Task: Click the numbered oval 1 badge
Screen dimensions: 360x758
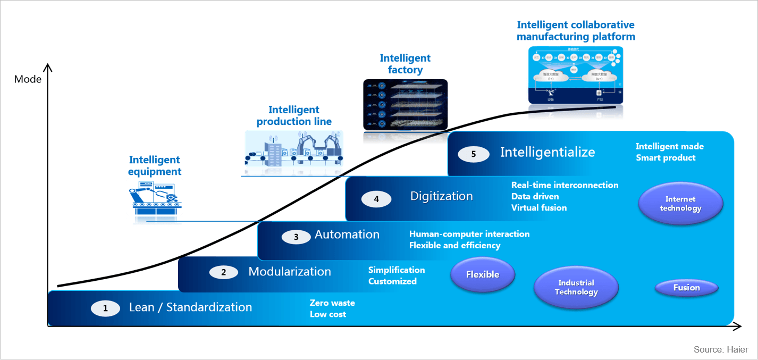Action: point(105,308)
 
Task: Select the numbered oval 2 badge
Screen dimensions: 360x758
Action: point(223,272)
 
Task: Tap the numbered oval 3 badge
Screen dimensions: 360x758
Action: point(296,237)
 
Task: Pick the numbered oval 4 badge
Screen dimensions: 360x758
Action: point(376,199)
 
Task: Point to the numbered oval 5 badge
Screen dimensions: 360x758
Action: point(473,154)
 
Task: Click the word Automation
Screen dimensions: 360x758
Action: point(347,235)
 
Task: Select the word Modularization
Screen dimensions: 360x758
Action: point(289,272)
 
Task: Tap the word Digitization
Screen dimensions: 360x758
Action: point(441,196)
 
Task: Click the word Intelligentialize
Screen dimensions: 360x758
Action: point(547,152)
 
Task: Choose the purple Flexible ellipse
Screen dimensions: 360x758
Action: point(483,274)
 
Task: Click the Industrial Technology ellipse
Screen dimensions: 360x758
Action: point(576,287)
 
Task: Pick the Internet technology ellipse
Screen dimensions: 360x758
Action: point(680,204)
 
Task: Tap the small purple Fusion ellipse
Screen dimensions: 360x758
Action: point(686,288)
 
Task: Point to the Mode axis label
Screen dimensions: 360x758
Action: point(28,79)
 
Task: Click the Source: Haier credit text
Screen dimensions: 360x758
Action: point(721,349)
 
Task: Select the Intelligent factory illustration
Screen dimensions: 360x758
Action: point(405,105)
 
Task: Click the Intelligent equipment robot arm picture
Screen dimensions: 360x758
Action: point(156,199)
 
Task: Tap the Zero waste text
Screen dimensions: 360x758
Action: point(332,303)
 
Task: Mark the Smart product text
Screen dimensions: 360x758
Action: point(666,157)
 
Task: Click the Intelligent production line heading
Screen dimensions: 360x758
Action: point(294,116)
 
